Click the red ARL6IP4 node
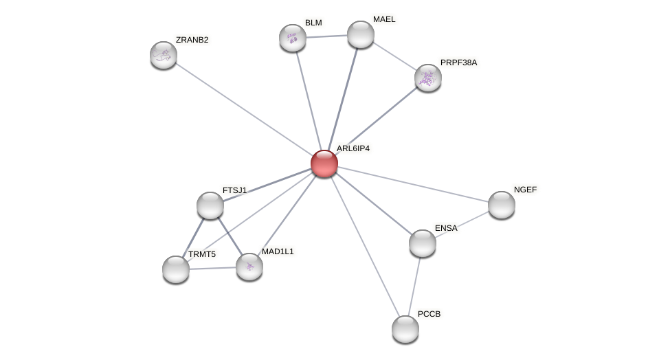tap(324, 164)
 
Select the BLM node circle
tap(293, 38)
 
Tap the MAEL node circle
tap(360, 34)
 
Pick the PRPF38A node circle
tap(427, 78)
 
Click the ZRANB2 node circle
tap(164, 55)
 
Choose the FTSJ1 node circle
tap(210, 205)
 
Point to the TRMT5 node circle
tap(176, 269)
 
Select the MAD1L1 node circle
tap(249, 267)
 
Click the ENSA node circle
tap(422, 243)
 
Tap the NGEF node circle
tap(502, 205)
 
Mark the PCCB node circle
tap(405, 329)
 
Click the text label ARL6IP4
tap(353, 148)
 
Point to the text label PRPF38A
tap(458, 63)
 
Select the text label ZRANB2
tap(192, 40)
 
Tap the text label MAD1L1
tap(278, 251)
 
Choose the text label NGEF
tap(525, 190)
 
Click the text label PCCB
tap(429, 314)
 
